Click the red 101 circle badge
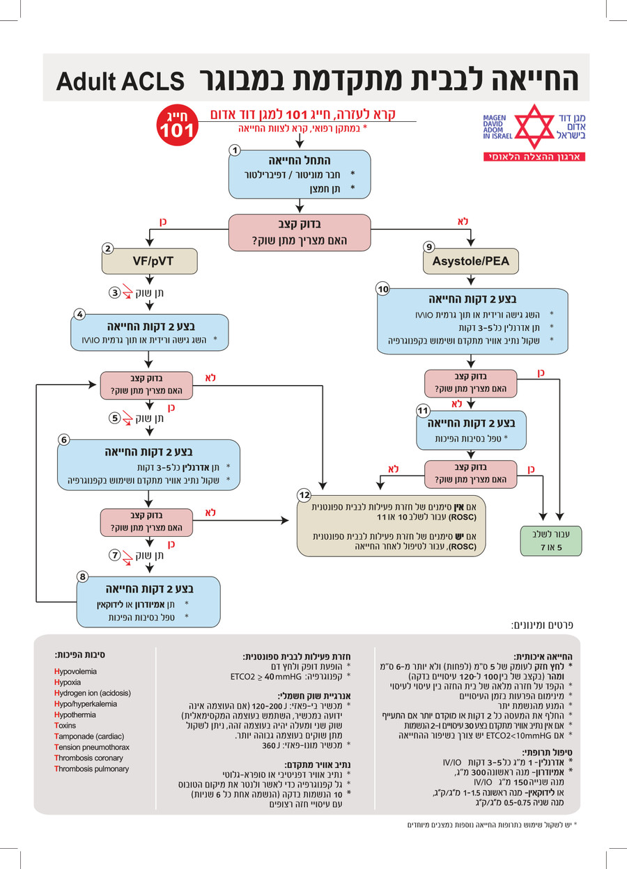tap(178, 125)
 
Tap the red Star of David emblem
tap(534, 127)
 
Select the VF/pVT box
tap(150, 261)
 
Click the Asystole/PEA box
tap(470, 261)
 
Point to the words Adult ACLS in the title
tap(120, 81)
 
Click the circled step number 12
tap(304, 494)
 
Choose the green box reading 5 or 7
tap(551, 541)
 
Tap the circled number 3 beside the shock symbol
tap(114, 292)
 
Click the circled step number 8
tap(82, 577)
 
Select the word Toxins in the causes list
tap(65, 725)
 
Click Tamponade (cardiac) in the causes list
tap(89, 736)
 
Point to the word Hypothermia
tap(75, 714)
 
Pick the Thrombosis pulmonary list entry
tap(92, 769)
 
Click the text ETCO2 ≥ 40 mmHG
tap(266, 677)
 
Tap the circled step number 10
tap(382, 289)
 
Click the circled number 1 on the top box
tap(235, 150)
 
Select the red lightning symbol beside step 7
tap(127, 558)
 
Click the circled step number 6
tap(64, 439)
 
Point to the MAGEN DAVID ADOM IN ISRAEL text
tap(497, 127)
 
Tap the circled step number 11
tap(423, 410)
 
